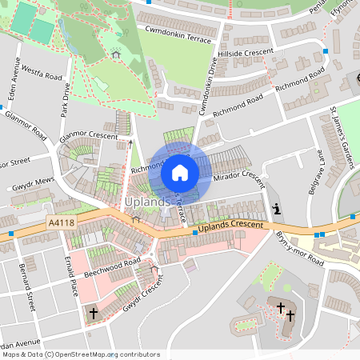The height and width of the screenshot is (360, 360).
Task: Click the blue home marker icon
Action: coord(180,173)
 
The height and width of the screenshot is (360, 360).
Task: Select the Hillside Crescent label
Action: coord(246,51)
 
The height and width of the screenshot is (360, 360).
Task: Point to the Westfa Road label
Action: coord(42,74)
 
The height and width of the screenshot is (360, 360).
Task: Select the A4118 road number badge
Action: coord(61,223)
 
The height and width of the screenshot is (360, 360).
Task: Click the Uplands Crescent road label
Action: coord(230,227)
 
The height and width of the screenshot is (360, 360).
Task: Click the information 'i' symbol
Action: coord(277,210)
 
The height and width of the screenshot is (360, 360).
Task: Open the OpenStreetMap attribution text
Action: coord(80,354)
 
